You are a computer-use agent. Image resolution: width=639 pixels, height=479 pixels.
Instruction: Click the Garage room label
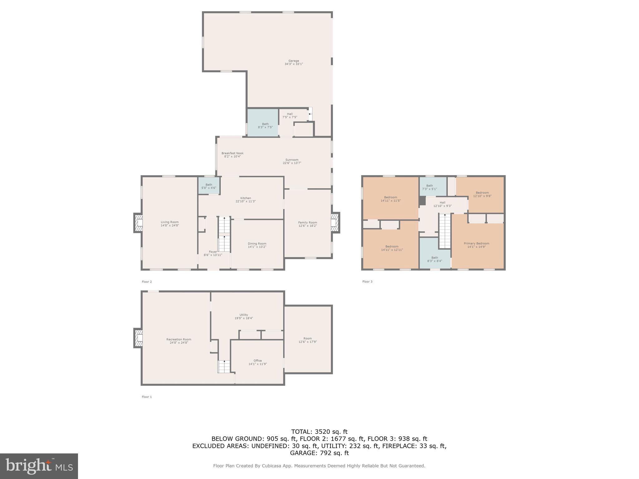[294, 61]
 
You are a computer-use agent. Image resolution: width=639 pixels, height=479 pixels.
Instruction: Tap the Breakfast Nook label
[232, 153]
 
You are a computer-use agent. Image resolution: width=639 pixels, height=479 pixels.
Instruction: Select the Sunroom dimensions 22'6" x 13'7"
[292, 163]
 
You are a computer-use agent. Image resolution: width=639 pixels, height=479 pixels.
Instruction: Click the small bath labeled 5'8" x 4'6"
[209, 186]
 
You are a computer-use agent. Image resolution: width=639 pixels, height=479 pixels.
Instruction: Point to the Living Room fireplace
[138, 223]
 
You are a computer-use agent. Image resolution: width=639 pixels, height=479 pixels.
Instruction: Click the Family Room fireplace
[335, 223]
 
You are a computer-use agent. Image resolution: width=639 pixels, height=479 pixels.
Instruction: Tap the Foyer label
[213, 252]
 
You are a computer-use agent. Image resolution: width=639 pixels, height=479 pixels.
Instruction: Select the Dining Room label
[257, 244]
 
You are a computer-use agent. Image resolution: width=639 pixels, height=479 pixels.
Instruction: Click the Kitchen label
[246, 198]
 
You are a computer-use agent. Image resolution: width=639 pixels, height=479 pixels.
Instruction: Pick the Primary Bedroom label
[476, 244]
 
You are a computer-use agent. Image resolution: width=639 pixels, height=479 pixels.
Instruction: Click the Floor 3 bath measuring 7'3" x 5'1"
[430, 187]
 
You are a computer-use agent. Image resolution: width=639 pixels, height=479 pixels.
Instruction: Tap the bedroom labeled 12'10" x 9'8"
[482, 194]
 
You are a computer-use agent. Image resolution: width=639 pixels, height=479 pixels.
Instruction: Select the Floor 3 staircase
[445, 231]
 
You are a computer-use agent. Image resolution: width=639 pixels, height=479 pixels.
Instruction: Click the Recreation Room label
[179, 339]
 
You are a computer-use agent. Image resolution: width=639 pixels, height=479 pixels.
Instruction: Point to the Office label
[258, 360]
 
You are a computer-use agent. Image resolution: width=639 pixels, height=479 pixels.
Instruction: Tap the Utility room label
[244, 315]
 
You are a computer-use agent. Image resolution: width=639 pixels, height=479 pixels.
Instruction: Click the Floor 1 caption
[147, 397]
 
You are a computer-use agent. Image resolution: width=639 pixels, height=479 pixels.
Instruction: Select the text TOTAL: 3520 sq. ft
[319, 432]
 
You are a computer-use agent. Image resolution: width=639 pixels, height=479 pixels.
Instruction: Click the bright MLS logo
[39, 466]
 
